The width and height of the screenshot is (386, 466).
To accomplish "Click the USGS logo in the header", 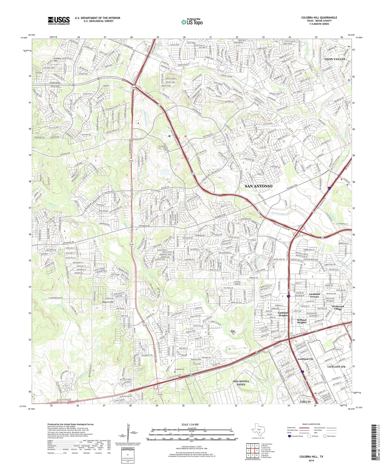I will tap(59, 20).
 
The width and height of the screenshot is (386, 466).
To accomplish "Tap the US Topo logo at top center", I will tap(192, 22).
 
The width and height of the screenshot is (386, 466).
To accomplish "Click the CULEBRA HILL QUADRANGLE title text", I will tap(319, 18).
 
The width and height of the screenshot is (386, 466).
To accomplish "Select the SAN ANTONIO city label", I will tap(258, 186).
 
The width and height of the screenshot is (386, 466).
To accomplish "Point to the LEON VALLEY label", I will tap(335, 59).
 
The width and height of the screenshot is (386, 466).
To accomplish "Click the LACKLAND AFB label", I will tap(336, 367).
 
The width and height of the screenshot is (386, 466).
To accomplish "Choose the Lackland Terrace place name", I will tap(314, 295).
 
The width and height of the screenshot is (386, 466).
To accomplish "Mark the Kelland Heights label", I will tap(302, 321).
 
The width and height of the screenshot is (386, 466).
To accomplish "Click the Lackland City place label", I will tap(305, 359).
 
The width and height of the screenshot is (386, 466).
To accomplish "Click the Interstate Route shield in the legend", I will tap(290, 436).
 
